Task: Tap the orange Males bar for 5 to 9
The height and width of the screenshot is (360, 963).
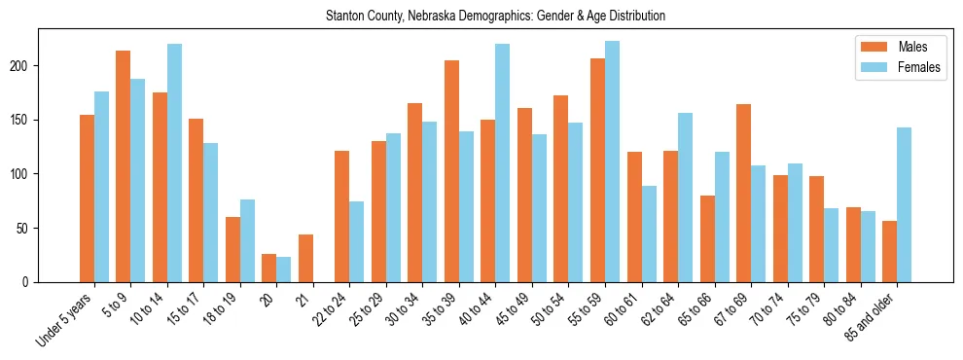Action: (124, 166)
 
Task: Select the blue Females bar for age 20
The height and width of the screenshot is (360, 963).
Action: (284, 270)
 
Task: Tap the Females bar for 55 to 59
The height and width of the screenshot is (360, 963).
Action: (612, 162)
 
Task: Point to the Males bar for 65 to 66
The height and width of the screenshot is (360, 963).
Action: (707, 238)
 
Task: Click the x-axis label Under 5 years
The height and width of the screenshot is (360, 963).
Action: (66, 317)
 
